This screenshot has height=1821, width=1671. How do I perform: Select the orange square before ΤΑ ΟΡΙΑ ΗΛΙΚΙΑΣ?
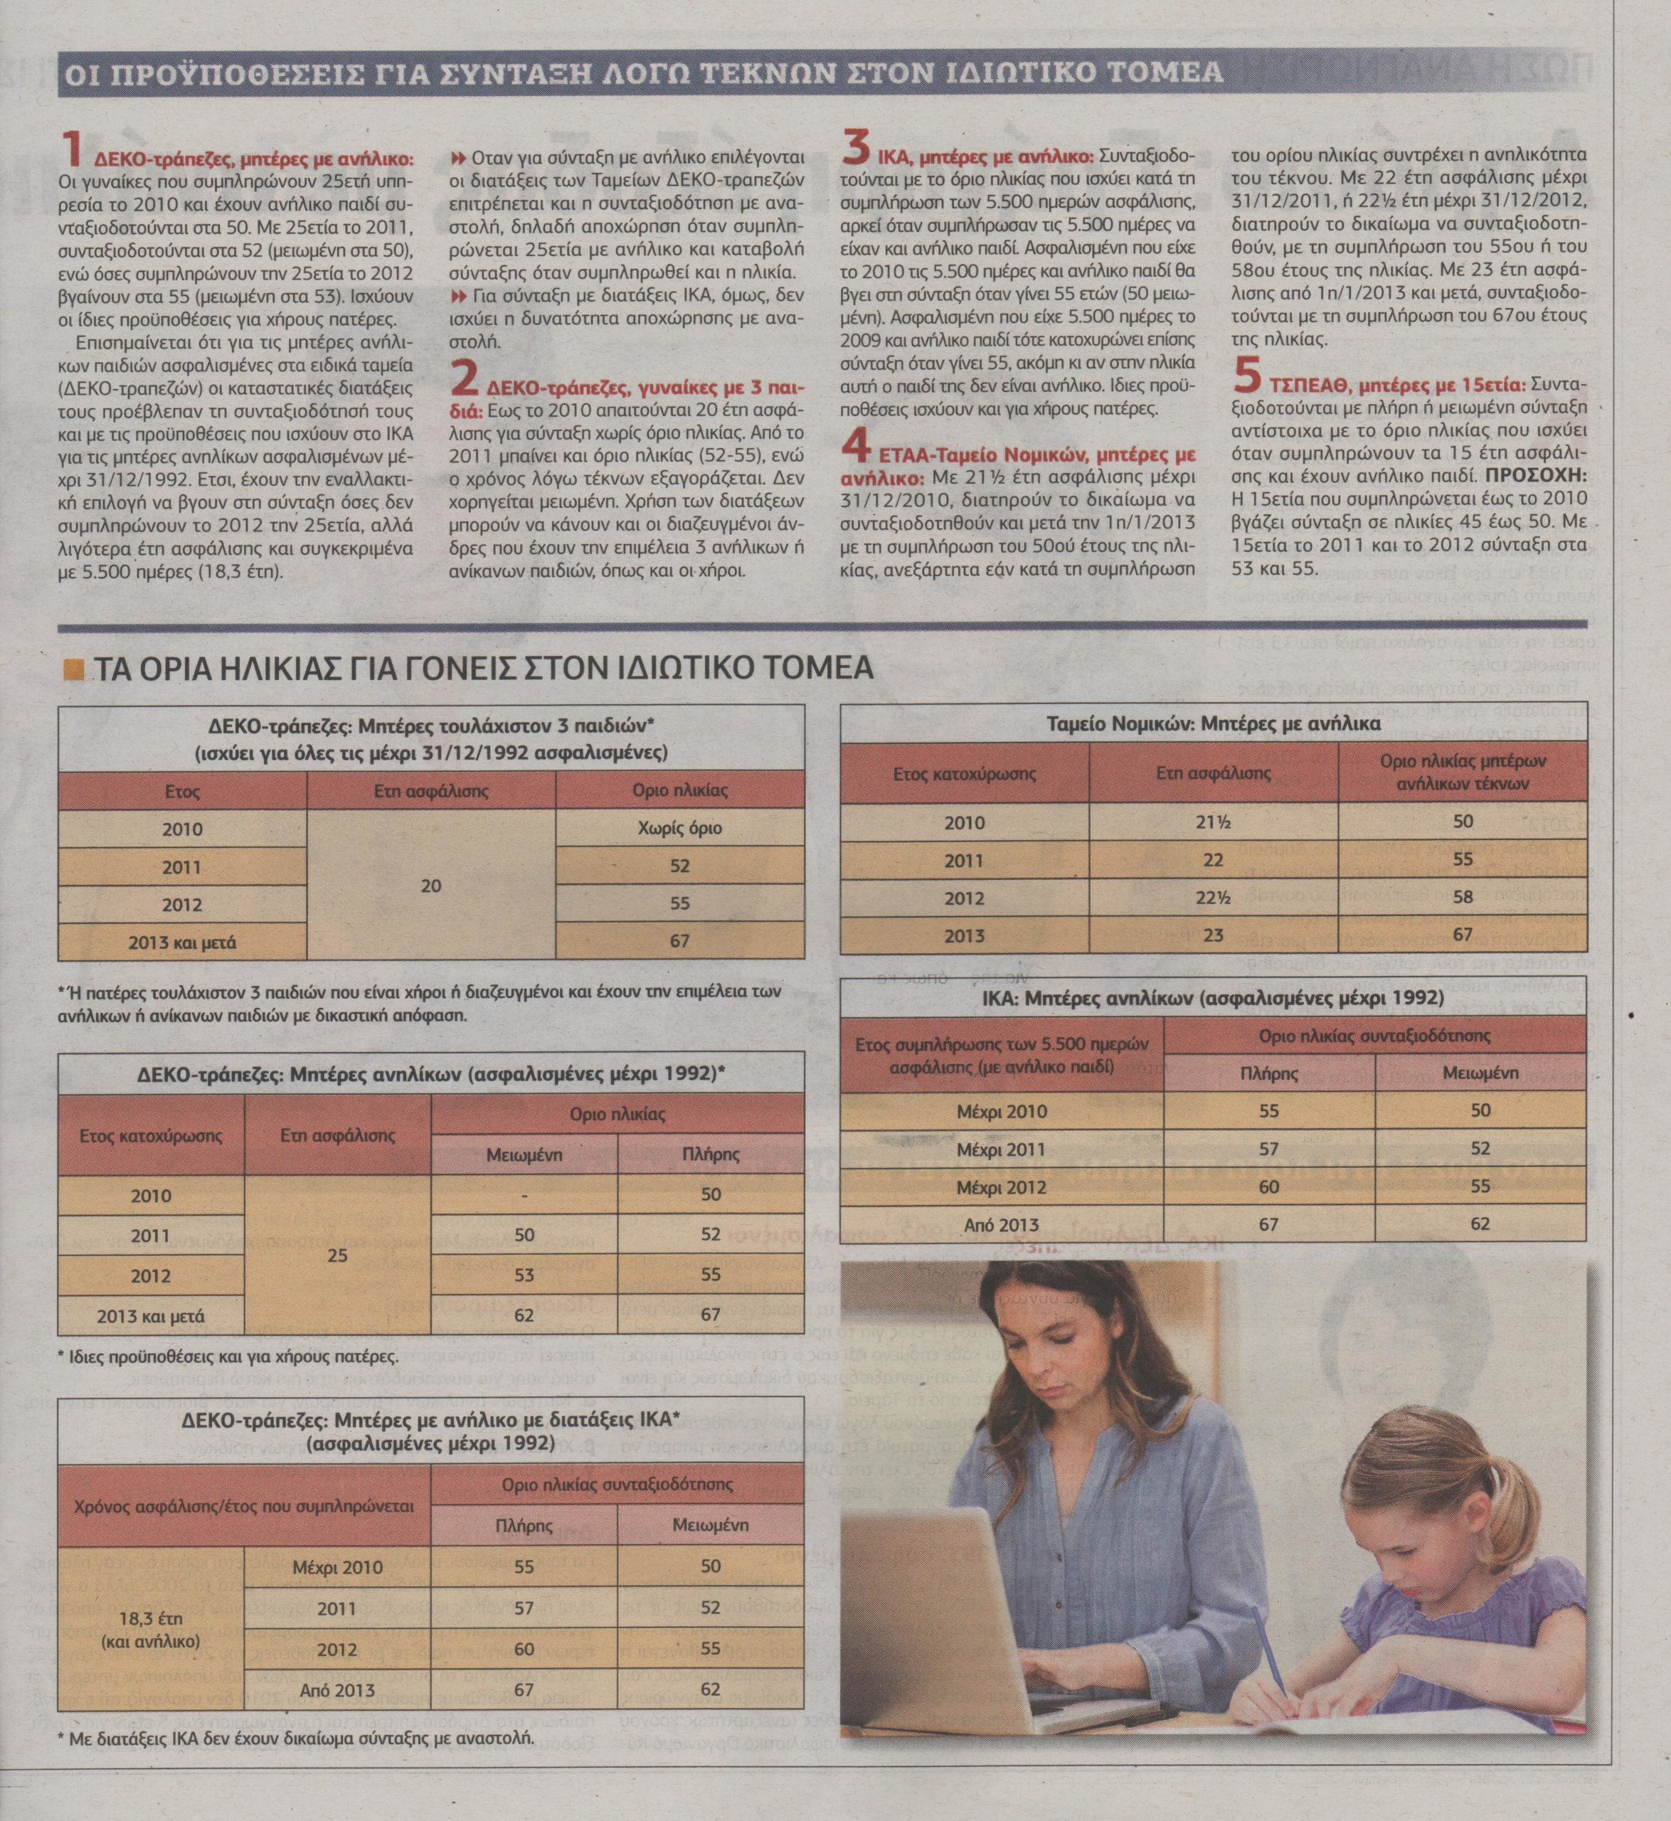coord(73,669)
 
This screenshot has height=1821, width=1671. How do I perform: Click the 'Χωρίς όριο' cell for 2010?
coord(680,828)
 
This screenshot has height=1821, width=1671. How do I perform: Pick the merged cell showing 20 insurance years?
coord(431,885)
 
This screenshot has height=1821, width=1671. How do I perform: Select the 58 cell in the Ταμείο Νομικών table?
coord(1462,897)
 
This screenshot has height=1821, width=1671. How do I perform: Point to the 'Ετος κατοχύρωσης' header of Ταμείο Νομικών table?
coord(964,774)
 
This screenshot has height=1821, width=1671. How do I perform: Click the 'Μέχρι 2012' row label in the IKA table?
coord(1002,1187)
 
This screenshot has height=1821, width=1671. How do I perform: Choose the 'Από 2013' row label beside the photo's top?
coord(1002,1225)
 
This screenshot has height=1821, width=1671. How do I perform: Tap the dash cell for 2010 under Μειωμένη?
coord(524,1195)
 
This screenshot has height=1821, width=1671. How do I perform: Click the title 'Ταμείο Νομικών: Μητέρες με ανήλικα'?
coord(1213,724)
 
